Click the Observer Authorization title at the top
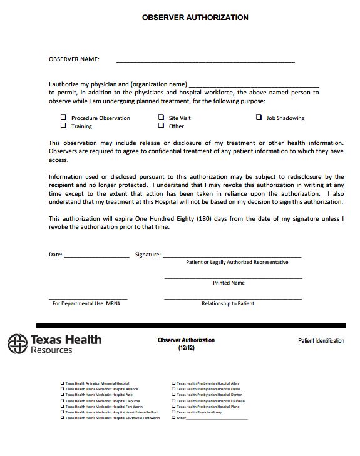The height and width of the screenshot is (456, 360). [x=195, y=18]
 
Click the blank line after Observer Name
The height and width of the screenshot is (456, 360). [x=205, y=61]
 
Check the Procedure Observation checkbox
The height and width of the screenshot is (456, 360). [x=63, y=118]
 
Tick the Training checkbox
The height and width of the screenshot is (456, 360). [x=63, y=126]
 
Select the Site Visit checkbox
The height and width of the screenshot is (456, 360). [x=161, y=118]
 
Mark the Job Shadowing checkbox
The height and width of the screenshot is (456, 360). [x=259, y=118]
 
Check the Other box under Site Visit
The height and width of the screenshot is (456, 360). [x=161, y=126]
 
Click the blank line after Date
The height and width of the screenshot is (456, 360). [x=96, y=256]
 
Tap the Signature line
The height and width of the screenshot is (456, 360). [x=232, y=256]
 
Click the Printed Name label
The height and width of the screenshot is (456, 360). [x=229, y=283]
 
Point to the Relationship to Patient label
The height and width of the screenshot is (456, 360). [x=228, y=303]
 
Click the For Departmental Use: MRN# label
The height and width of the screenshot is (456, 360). [x=86, y=303]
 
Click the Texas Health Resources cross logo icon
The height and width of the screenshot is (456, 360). [x=18, y=344]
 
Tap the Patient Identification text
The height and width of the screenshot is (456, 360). [x=321, y=341]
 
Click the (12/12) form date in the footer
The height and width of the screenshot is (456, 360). [x=186, y=347]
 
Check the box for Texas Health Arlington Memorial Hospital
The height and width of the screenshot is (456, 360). [x=62, y=383]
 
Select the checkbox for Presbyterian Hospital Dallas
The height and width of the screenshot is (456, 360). [x=173, y=389]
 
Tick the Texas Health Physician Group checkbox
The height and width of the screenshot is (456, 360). [x=173, y=412]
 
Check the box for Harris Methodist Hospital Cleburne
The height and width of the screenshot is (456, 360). [x=62, y=401]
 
